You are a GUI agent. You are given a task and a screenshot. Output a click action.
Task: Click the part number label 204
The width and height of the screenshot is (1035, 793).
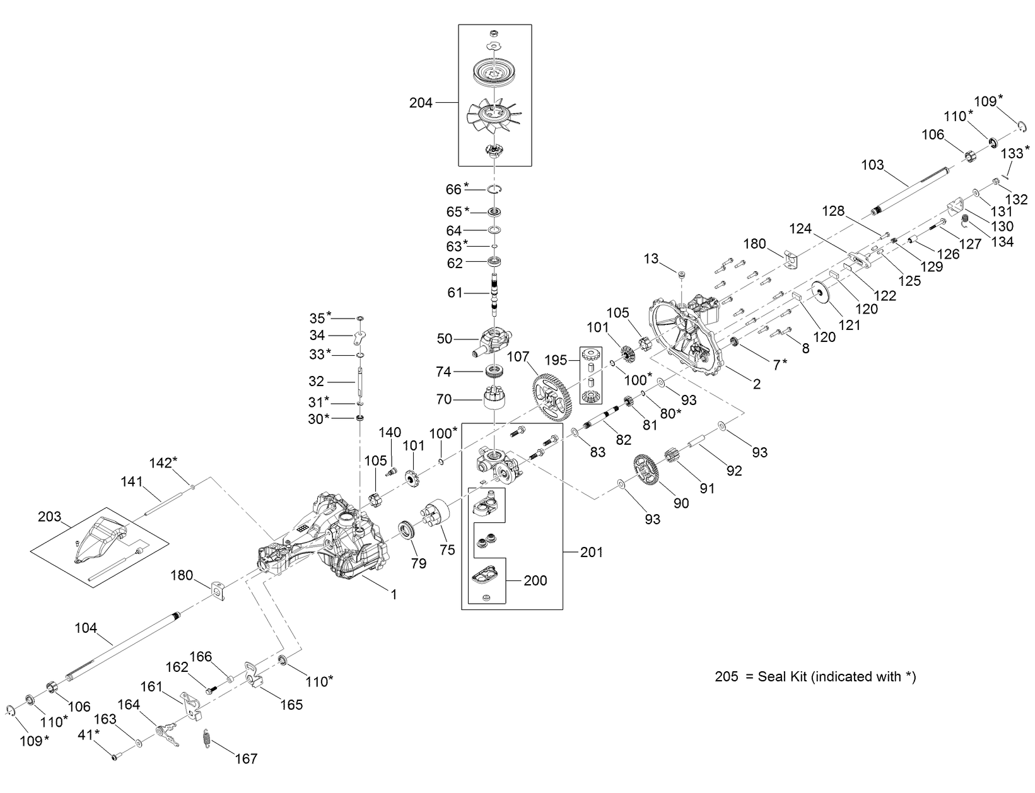pos(421,102)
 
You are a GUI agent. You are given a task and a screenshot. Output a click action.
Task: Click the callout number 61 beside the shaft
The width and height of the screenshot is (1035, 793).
pos(455,293)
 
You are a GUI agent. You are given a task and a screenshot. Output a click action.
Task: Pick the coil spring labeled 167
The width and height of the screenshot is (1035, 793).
pos(206,739)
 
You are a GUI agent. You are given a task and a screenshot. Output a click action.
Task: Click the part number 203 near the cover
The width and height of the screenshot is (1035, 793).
pos(50,517)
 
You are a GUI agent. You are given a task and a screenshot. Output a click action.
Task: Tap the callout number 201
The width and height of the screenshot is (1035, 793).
pos(591,552)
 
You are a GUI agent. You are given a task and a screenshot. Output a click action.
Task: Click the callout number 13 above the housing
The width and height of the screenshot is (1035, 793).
pos(651,259)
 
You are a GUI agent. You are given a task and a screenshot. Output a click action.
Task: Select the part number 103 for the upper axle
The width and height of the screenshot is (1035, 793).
pos(873,165)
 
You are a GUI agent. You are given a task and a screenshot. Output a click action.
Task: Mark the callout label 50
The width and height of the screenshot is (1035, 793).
pos(445,339)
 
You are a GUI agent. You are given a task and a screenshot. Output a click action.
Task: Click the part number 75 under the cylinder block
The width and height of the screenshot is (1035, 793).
pos(447,549)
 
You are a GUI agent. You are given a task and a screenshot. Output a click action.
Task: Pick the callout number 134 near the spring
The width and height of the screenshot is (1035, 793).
pos(1002,242)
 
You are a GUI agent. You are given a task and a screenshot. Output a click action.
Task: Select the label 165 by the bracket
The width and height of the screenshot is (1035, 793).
pos(291,705)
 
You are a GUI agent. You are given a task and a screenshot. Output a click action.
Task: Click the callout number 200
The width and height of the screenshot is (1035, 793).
pos(535,580)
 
